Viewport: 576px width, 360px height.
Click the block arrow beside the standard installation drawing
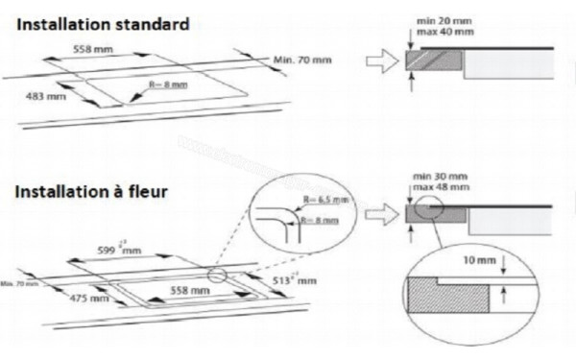tap(383, 62)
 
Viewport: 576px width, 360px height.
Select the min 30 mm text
tap(439, 177)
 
